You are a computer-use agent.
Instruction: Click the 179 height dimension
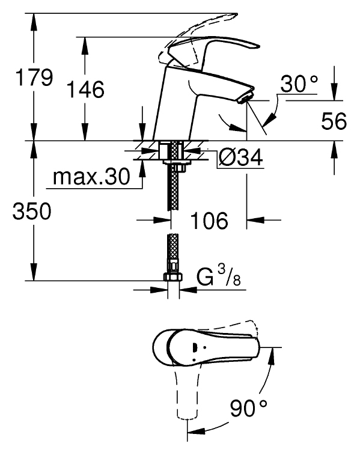click(34, 78)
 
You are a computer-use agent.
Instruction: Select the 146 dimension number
click(85, 89)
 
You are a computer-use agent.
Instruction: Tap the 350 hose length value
click(32, 211)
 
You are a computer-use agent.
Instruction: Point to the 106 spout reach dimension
click(209, 220)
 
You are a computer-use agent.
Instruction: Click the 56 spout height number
click(334, 121)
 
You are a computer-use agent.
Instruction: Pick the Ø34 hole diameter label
click(241, 157)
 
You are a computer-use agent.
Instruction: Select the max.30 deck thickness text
click(91, 177)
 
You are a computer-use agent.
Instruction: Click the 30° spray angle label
click(299, 84)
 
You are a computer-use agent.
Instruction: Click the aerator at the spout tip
click(245, 97)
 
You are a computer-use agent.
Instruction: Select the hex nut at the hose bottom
click(173, 276)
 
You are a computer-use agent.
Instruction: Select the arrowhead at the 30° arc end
click(270, 119)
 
